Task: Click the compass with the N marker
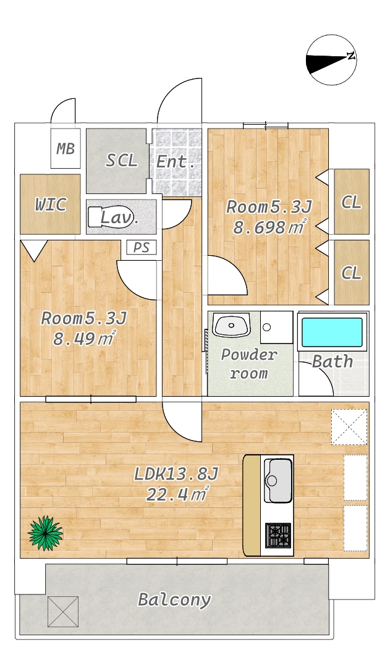click(x=331, y=61)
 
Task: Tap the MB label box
click(x=66, y=149)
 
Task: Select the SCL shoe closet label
click(x=122, y=161)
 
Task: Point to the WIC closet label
click(x=50, y=204)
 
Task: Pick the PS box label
click(x=142, y=247)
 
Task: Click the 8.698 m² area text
click(x=269, y=227)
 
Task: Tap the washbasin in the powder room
click(x=231, y=324)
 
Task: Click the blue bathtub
click(x=333, y=332)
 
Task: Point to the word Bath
click(x=333, y=361)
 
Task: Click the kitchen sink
click(x=278, y=480)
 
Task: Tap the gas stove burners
click(x=278, y=535)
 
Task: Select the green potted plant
click(x=45, y=533)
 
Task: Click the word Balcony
click(x=174, y=600)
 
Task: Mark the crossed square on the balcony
click(x=63, y=612)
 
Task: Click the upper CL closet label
click(x=351, y=202)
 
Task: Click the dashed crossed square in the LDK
click(x=349, y=427)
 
